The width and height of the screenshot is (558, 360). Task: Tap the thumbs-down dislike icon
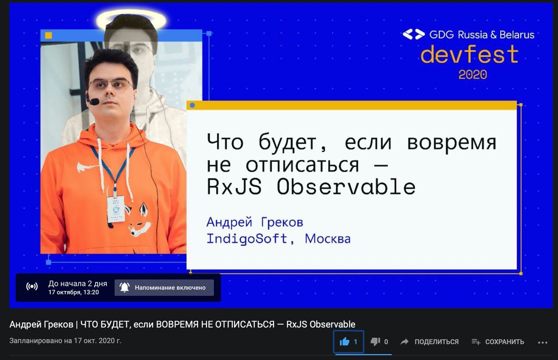pos(375,342)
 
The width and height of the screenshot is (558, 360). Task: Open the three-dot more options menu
pos(543,342)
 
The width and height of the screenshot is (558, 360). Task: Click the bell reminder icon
pos(124,287)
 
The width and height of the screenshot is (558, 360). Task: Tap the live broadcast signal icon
pos(32,286)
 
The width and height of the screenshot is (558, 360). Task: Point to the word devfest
pos(469,54)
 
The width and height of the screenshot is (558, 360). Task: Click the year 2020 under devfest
pos(473,75)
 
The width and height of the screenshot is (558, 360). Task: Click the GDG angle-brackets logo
pos(414,34)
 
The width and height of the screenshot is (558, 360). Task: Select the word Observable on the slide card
pos(346,187)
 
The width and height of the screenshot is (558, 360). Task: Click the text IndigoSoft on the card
pos(247,239)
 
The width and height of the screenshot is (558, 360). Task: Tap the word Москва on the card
pos(327,239)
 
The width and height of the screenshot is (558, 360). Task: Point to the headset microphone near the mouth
pos(94,101)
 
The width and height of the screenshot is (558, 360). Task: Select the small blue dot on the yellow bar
pos(192,106)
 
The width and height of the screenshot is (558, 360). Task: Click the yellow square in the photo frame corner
pos(48,35)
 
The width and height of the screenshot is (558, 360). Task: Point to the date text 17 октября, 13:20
pos(74,292)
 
